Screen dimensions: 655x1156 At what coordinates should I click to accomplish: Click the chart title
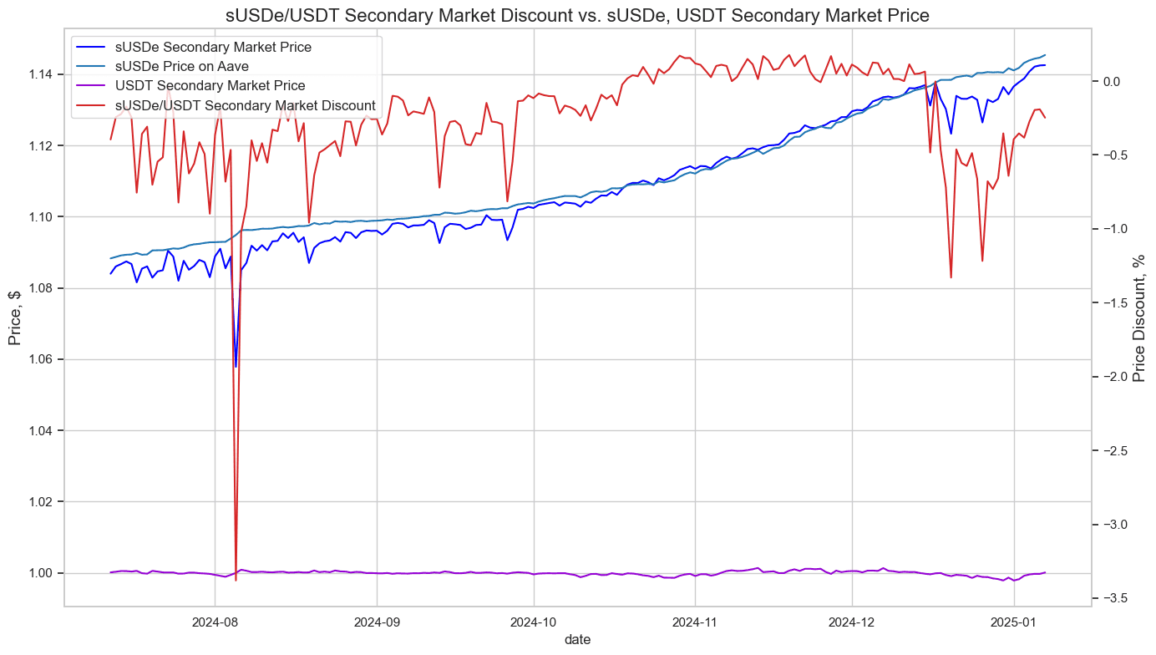pyautogui.click(x=577, y=15)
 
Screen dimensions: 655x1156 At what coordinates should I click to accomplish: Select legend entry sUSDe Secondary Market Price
pyautogui.click(x=213, y=48)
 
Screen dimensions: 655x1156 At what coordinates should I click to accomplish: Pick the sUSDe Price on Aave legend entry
pyautogui.click(x=193, y=67)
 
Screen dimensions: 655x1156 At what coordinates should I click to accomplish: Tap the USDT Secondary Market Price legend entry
pyautogui.click(x=210, y=86)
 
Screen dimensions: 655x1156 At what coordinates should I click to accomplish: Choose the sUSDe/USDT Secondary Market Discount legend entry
pyautogui.click(x=245, y=105)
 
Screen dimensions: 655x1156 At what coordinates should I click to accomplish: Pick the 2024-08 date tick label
pyautogui.click(x=215, y=622)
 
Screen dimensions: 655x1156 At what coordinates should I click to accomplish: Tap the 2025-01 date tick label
pyautogui.click(x=1014, y=622)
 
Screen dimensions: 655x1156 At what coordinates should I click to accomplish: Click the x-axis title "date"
pyautogui.click(x=577, y=640)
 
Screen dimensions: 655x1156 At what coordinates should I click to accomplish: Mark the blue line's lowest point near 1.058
pyautogui.click(x=236, y=366)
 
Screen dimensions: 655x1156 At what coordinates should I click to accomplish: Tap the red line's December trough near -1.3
pyautogui.click(x=951, y=277)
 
